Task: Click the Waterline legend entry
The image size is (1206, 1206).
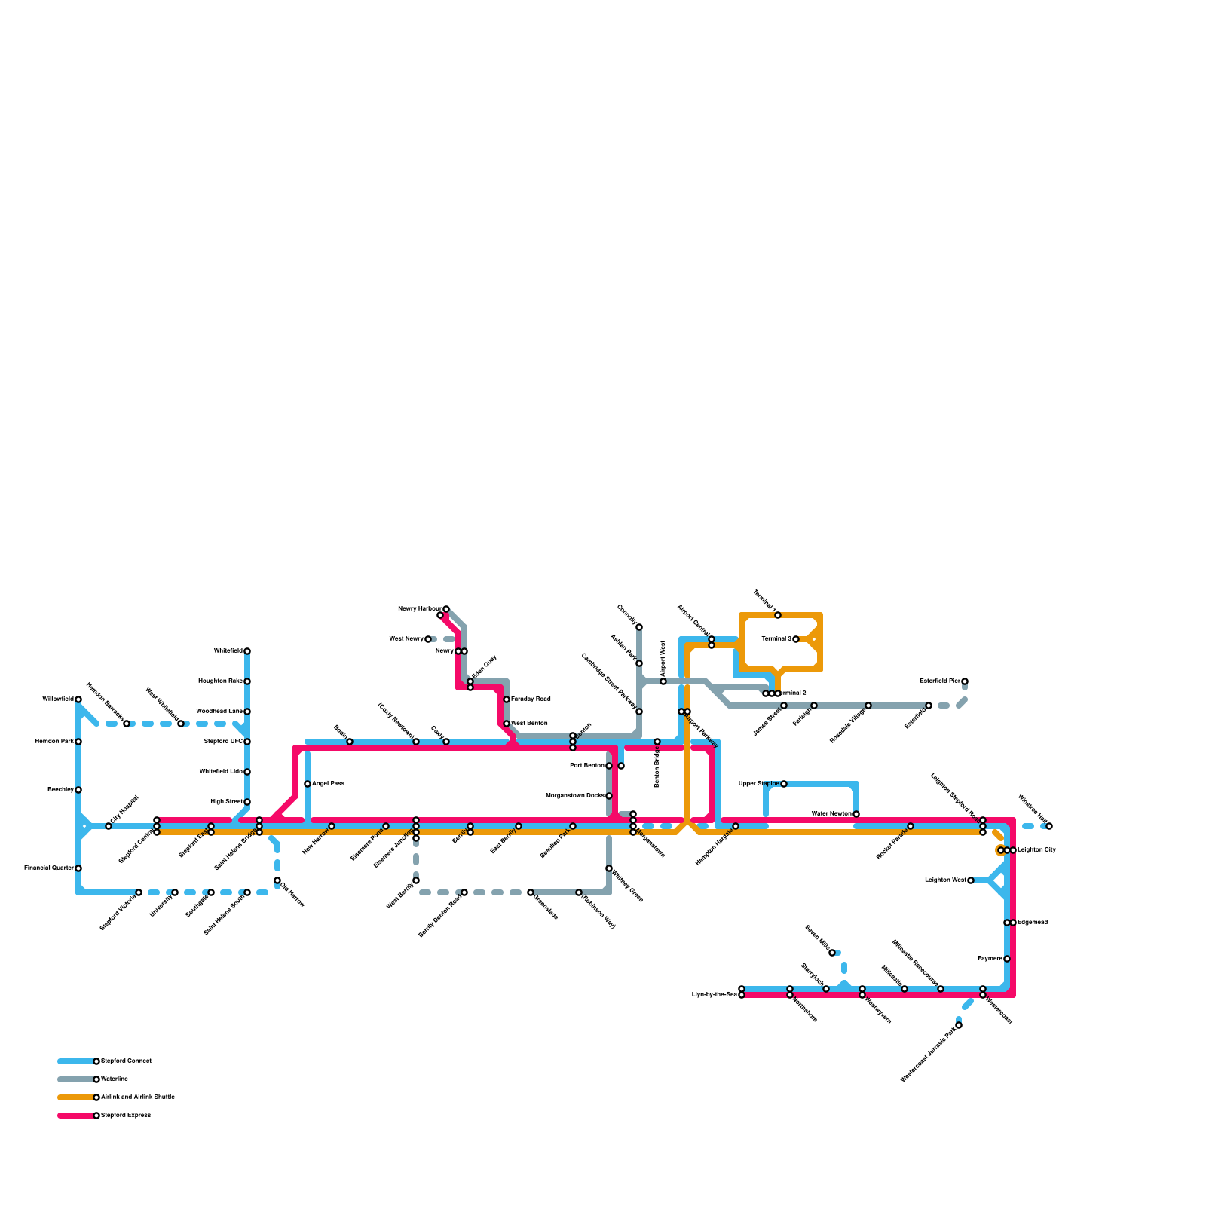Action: click(115, 1079)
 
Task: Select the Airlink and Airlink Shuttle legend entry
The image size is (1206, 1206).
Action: click(137, 1097)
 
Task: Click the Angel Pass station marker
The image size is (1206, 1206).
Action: click(308, 784)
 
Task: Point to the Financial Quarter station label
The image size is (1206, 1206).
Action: click(49, 868)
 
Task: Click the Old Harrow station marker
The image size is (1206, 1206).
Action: click(277, 880)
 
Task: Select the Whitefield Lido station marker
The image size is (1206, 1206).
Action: click(247, 772)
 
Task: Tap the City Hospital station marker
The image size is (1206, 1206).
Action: click(109, 826)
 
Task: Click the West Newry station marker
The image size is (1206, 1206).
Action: click(428, 639)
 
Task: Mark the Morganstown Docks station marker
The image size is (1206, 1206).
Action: click(609, 796)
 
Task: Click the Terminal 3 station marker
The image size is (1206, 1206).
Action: click(796, 639)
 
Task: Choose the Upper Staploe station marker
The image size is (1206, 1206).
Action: click(784, 784)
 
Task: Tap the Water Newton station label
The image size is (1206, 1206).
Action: click(831, 814)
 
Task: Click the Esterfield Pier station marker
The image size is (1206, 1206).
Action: click(965, 681)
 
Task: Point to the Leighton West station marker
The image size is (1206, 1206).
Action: click(971, 880)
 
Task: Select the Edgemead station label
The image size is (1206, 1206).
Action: click(1033, 923)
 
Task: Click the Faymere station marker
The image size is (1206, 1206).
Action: click(1007, 959)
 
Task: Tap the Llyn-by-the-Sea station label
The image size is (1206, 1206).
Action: click(714, 995)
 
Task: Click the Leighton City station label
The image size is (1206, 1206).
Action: click(1036, 850)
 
